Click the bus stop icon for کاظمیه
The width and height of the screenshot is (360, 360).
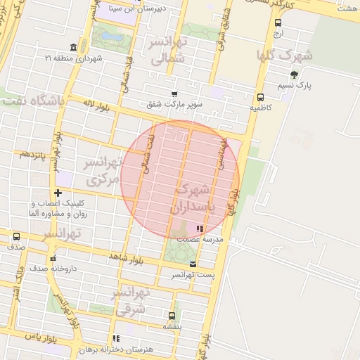261,97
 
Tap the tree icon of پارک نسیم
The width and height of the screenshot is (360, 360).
294,74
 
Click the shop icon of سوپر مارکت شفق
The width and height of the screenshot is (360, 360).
174,94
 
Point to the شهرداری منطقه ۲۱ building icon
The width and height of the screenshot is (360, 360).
74,46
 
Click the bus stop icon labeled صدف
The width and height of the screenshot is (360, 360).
16,237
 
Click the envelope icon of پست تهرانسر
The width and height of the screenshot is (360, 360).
193,264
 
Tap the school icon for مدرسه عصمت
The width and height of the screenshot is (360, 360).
200,229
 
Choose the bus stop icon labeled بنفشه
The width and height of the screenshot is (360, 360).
172,316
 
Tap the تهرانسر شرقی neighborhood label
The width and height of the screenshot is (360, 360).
131,300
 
